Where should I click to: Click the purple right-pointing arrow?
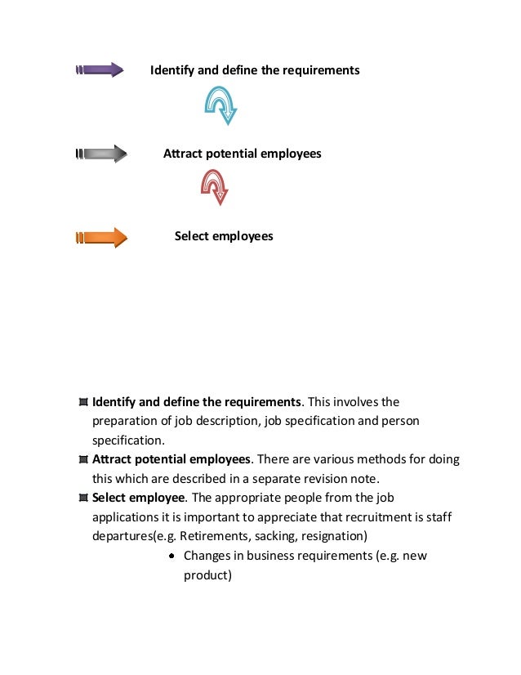100,70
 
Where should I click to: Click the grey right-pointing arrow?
100,154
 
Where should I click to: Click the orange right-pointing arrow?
101,238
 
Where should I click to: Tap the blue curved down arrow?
220,105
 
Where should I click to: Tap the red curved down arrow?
215,186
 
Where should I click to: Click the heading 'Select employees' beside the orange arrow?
224,236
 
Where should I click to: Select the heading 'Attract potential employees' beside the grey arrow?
242,154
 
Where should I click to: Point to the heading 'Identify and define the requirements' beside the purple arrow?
255,70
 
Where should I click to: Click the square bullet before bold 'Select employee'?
84,498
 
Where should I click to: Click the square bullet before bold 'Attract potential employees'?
84,459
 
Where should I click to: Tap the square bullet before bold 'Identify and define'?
84,402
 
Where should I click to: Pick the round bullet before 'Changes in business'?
173,556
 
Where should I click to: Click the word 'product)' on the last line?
208,574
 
